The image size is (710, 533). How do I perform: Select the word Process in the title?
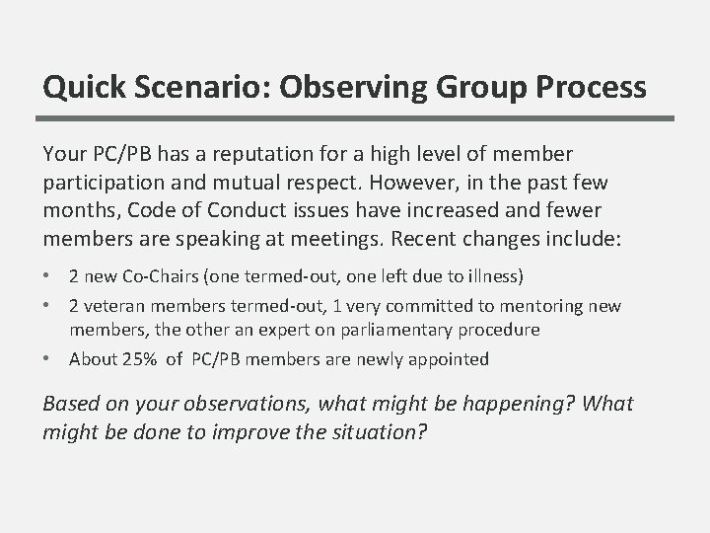(589, 88)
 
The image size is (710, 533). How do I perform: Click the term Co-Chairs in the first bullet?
(144, 274)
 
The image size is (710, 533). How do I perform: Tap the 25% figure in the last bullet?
(137, 359)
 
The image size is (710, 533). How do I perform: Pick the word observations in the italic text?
(232, 405)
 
